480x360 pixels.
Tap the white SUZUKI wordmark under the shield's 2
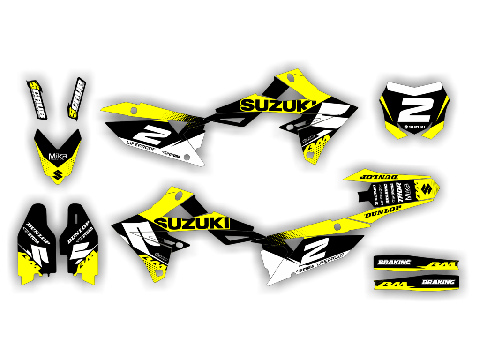click(x=415, y=127)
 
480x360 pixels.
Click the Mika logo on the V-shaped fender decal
click(x=58, y=156)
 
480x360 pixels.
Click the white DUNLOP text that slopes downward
click(x=38, y=232)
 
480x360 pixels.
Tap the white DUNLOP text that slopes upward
click(x=79, y=232)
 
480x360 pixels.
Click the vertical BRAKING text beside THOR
click(x=387, y=193)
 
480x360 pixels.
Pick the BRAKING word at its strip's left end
click(x=395, y=262)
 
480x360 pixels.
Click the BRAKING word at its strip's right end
click(x=438, y=282)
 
